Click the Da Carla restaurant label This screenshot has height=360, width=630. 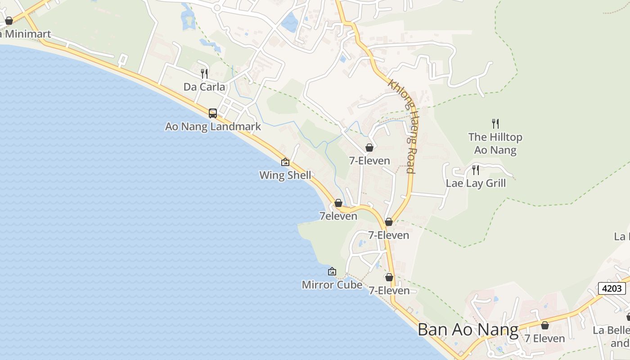pos(204,87)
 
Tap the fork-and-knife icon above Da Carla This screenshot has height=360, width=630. pos(204,73)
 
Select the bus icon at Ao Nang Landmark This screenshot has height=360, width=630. pos(213,113)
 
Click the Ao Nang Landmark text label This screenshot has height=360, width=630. pos(213,126)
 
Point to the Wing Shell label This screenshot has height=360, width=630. pos(285,175)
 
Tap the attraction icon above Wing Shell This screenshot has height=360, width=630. pos(285,162)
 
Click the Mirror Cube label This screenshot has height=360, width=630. pos(332,284)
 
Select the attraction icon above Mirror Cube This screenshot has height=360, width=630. pos(332,271)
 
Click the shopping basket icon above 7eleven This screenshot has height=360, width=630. pos(338,203)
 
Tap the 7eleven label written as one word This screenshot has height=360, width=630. pos(338,216)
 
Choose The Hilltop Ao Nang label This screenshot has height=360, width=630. pos(495,143)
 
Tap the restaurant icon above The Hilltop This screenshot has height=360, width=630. pos(495,123)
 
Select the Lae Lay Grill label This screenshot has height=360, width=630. pos(476,183)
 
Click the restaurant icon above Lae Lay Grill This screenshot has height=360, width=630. pos(475,170)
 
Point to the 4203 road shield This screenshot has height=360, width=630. pos(612,288)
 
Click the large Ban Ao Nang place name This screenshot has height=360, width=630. pos(468,330)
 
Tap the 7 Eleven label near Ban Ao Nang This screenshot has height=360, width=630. pos(544,338)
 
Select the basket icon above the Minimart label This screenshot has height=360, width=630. pos(9,21)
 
